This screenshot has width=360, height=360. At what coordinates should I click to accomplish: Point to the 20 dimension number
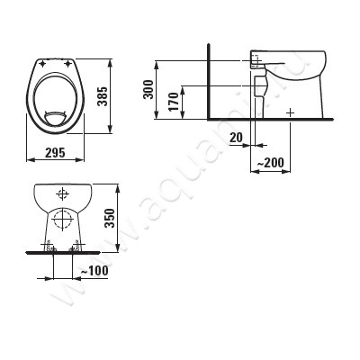[x=236, y=137]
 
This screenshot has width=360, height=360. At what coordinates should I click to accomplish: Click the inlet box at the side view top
[x=256, y=59]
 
